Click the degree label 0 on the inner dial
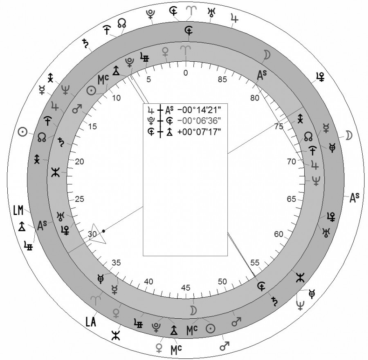(186, 73)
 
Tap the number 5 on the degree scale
(148, 80)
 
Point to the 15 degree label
(92, 127)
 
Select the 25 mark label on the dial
(79, 199)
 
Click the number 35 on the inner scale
(116, 263)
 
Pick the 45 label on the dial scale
(186, 288)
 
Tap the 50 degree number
(222, 282)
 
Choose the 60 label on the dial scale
(278, 234)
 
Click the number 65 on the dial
(292, 199)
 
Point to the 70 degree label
(292, 161)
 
